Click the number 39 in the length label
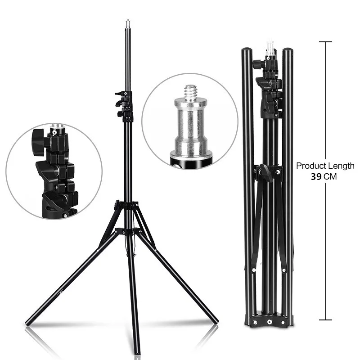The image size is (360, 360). point(316,177)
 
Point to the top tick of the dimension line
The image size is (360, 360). point(325,42)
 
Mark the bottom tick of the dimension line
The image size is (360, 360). point(325,320)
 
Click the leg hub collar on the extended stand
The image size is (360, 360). point(128,206)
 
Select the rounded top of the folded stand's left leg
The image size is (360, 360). point(247,52)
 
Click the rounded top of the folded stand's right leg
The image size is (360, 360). point(287,52)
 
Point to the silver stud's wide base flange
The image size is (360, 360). point(190,157)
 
